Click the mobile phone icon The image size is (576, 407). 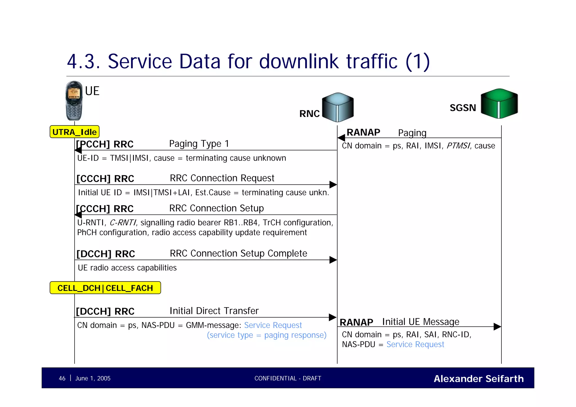pos(74,101)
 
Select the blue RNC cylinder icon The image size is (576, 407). pos(338,107)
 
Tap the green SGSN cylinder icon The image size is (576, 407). pos(499,104)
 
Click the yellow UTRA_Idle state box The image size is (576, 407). pos(75,132)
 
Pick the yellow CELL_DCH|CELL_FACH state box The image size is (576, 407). pos(105,288)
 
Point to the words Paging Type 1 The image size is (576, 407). pos(199,144)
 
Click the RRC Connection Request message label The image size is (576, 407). pos(222,178)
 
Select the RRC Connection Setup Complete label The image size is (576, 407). pos(238,253)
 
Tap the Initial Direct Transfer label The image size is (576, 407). pos(214,311)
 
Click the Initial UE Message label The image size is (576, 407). pos(420,321)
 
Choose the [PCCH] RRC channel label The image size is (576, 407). pos(105,144)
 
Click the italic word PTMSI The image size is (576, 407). pos(458,146)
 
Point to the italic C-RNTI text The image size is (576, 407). pos(123,223)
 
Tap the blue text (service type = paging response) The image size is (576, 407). pos(267,335)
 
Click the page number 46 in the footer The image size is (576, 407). pos(62,378)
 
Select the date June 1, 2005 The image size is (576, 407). pos(93,378)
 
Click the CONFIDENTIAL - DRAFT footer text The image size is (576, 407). pos(288,378)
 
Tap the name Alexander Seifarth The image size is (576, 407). pos(479,379)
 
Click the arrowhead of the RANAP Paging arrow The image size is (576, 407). pos(341,138)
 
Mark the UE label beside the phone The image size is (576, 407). pos(92,91)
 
